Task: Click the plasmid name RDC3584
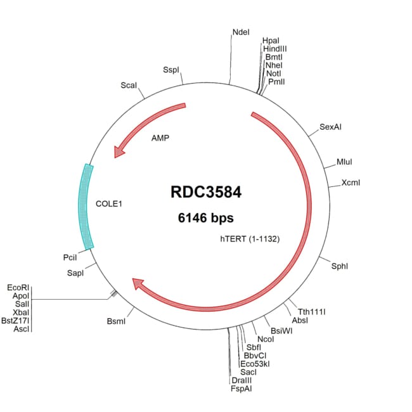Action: (x=206, y=193)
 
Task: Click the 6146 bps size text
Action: (x=206, y=217)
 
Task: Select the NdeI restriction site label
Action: (x=241, y=32)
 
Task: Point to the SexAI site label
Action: (x=331, y=127)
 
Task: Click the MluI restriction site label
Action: (x=345, y=163)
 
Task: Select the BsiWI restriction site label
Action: (x=281, y=331)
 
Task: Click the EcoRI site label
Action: (x=18, y=287)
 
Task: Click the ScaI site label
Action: (x=129, y=85)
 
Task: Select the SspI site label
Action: (x=171, y=69)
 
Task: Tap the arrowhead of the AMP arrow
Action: (x=118, y=152)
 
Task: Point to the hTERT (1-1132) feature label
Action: (x=250, y=239)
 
